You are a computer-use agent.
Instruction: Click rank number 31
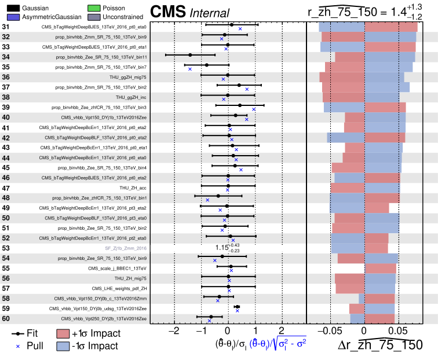pyautogui.click(x=6, y=27)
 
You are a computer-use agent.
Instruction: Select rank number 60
pyautogui.click(x=6, y=318)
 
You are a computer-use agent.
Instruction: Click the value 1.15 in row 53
pyautogui.click(x=222, y=248)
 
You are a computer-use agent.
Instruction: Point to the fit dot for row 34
pyautogui.click(x=190, y=55)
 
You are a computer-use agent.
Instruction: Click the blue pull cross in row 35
pyautogui.click(x=189, y=69)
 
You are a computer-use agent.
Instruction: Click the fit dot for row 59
pyautogui.click(x=237, y=307)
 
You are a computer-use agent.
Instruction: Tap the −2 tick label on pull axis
pyautogui.click(x=173, y=332)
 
